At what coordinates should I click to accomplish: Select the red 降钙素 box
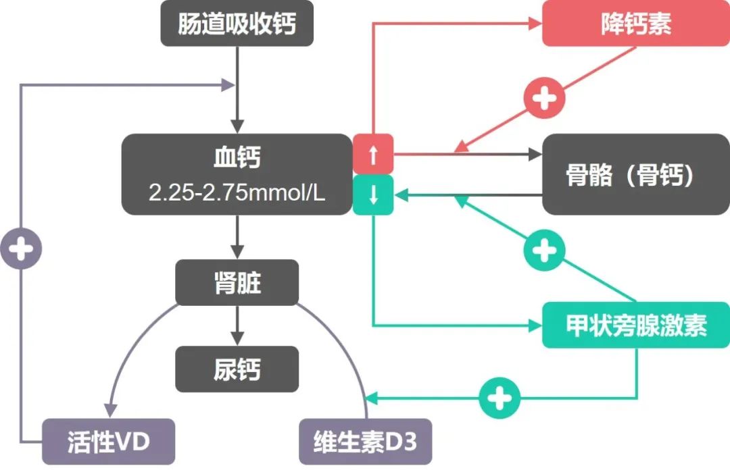coord(636,25)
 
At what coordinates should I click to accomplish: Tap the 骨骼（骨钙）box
coord(636,175)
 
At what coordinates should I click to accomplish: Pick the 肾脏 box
coord(237,283)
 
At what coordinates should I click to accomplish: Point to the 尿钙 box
coord(237,369)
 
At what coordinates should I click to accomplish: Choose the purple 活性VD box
coord(108,442)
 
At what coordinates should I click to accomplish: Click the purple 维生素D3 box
coord(365,442)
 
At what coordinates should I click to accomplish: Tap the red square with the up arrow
coord(372,154)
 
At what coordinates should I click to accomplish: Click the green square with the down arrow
coord(372,195)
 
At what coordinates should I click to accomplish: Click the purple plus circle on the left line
coord(21,249)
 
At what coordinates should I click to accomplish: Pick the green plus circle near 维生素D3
coord(500,398)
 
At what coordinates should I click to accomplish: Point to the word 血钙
coord(237,158)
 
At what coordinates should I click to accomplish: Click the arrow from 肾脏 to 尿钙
coord(237,326)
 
